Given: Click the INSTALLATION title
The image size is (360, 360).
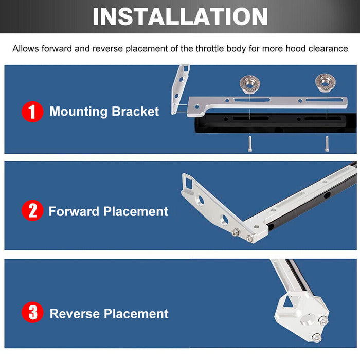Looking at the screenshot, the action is point(180,16).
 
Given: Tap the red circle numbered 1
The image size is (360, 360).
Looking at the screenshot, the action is point(32,112).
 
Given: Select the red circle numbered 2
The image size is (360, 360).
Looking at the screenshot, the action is point(32,210).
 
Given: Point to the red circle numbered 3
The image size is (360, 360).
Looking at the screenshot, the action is point(32,312).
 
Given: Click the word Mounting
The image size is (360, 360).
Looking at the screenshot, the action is point(79,112).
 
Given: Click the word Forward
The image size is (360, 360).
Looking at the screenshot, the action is point(74,211).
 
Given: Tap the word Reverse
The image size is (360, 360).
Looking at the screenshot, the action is point(75,314).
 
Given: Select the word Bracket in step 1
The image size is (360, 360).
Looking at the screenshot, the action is point(135,112).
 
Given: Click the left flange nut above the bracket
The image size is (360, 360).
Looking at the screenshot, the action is point(250,84).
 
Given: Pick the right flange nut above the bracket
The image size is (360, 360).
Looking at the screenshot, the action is point(326,83).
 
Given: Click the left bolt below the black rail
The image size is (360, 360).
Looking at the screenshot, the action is point(250,143).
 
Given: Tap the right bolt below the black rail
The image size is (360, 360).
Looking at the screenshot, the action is point(327,143).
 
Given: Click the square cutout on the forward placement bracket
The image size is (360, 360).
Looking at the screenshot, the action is point(189,183).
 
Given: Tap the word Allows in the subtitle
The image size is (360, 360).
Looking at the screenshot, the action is point(26,49).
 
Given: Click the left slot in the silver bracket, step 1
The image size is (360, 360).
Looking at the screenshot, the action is point(251,100).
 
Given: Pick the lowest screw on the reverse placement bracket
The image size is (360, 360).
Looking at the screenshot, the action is point(316,337).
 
